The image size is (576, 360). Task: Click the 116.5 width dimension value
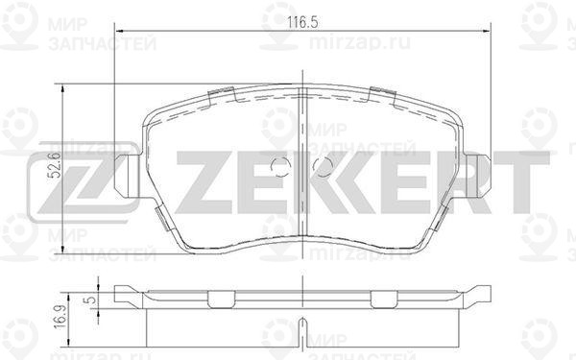coord(302,22)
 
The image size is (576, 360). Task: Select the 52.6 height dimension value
coord(56,165)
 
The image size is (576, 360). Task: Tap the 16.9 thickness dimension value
coord(60,316)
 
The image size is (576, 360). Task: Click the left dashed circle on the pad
coord(280,167)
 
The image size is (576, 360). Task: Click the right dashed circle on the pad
coord(324,167)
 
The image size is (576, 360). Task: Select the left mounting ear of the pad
coord(127,176)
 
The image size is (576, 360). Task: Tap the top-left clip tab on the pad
coord(221,95)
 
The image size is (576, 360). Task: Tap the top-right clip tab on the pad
coord(382,95)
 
